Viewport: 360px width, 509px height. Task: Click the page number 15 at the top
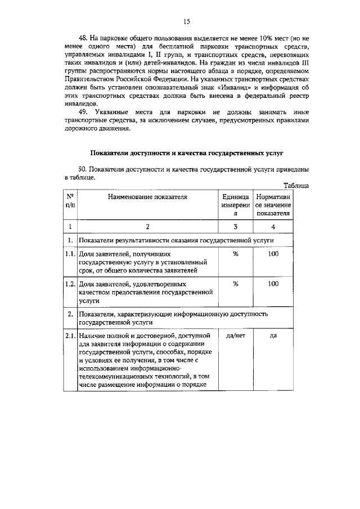pos(186,22)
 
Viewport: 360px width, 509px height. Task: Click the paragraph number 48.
pos(84,38)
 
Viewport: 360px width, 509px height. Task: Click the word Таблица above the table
pos(296,185)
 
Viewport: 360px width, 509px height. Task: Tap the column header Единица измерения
pos(236,205)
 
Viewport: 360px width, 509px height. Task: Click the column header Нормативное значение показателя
pos(273,205)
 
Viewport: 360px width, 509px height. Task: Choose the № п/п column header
pos(70,201)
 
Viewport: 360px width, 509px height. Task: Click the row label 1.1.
pos(70,254)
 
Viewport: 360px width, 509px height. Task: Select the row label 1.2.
pos(70,283)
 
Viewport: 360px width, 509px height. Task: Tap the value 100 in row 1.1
pos(273,254)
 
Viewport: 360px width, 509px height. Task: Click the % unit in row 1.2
pos(236,283)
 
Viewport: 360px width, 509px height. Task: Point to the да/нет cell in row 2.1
pos(236,335)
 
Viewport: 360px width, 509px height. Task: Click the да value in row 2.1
pos(273,335)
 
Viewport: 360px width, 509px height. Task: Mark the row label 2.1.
pos(70,335)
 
